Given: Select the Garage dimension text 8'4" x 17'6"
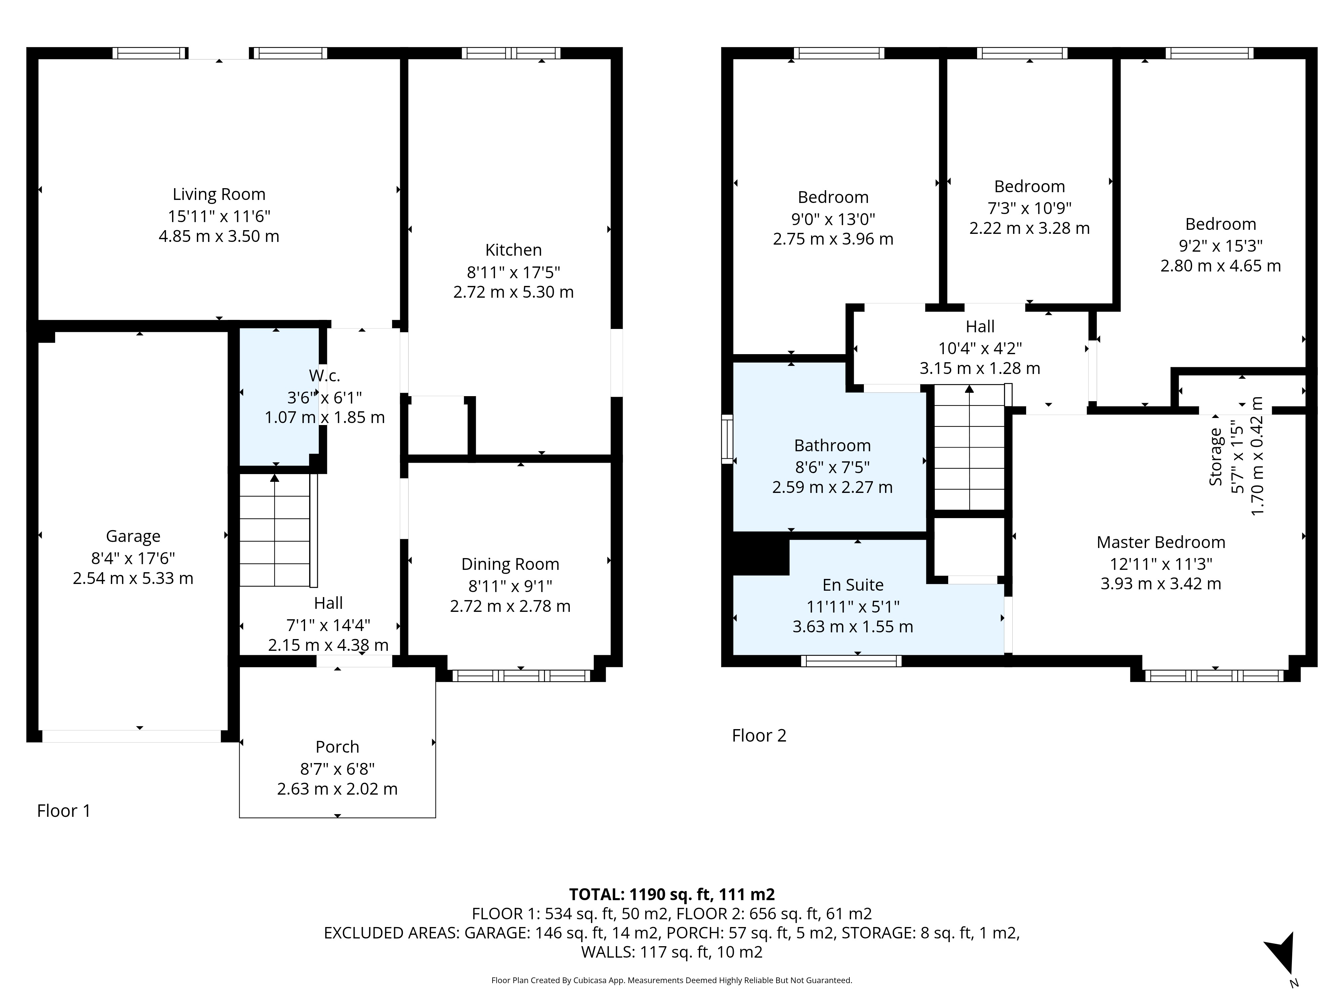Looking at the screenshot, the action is (x=133, y=558).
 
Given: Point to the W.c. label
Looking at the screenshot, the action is (x=325, y=376).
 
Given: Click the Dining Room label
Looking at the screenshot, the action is (x=510, y=564).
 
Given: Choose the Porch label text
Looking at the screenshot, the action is (x=337, y=747).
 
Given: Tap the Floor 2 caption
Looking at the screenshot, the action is (x=759, y=736).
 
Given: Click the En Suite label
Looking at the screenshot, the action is (x=853, y=585).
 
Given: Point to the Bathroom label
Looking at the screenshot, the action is (x=832, y=445).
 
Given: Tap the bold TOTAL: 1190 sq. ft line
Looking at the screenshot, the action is (x=672, y=894).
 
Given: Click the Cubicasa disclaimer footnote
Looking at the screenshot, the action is (x=672, y=980).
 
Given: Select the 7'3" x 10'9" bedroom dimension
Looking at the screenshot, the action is (x=1029, y=208).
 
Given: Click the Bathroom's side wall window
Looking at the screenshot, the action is (x=727, y=439).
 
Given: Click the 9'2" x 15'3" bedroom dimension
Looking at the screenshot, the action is (x=1221, y=246).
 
